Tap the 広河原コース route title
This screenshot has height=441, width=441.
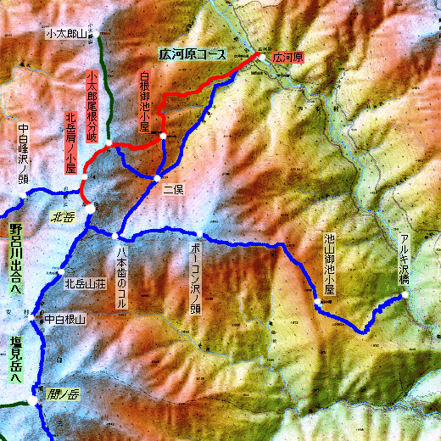tap(193, 54)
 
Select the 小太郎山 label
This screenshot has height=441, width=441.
tap(66, 34)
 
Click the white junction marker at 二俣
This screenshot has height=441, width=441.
tap(158, 177)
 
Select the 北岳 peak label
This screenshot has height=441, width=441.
tap(64, 216)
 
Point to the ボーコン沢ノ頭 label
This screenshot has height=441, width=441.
tap(195, 276)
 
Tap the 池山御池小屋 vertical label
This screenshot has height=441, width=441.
tap(330, 264)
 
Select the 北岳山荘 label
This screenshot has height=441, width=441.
tap(84, 284)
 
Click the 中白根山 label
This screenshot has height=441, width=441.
tap(65, 320)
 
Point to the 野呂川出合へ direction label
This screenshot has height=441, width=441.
tap(14, 259)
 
